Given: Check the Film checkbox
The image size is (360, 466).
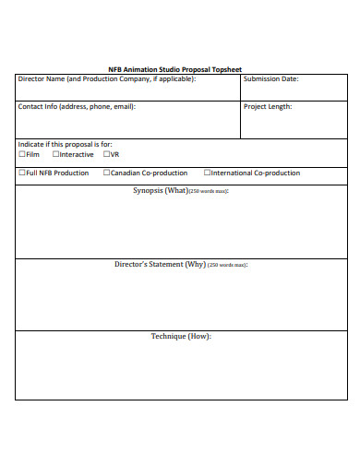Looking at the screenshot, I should point(22,154).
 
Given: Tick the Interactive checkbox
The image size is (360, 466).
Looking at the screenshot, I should point(55,154).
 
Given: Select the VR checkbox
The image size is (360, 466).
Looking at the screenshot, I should point(106,154).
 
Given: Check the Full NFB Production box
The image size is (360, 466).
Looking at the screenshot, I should point(22,173).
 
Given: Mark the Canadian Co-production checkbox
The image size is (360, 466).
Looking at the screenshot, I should point(106,173).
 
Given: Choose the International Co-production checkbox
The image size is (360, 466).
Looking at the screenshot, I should point(207,173).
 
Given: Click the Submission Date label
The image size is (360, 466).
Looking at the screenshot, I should point(270,79).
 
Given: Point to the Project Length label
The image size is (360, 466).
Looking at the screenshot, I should point(268,107).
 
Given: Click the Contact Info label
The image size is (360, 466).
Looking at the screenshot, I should point(77,107).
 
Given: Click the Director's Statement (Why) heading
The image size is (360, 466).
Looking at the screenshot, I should point(181,265).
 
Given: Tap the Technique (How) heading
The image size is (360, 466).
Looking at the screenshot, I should point(181,336).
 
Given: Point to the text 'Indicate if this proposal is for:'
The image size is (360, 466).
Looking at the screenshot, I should point(66,144).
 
